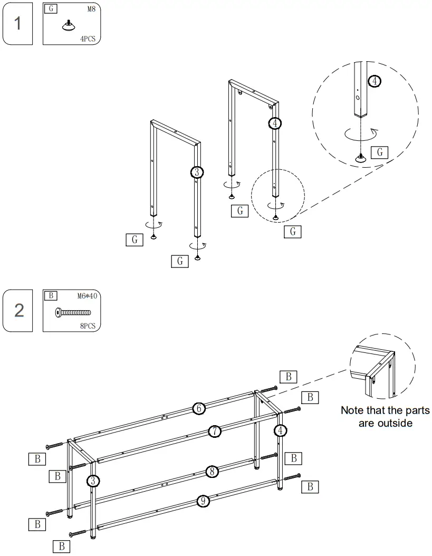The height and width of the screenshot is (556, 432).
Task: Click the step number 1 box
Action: [x=18, y=23]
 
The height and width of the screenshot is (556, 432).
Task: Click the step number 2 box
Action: [x=18, y=310]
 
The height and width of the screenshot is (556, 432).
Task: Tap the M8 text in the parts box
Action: [x=90, y=9]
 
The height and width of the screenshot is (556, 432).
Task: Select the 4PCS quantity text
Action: [x=88, y=39]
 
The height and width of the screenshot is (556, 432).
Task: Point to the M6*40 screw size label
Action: [x=87, y=296]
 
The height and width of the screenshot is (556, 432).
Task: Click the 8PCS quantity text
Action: [x=88, y=326]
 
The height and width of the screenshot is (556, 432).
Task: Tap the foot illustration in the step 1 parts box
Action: [x=68, y=25]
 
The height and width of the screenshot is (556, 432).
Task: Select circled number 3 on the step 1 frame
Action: [x=196, y=172]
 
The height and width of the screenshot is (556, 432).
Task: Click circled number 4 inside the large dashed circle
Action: [x=374, y=81]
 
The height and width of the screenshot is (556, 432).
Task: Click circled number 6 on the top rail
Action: [x=198, y=408]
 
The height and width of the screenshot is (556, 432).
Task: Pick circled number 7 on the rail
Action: [x=214, y=431]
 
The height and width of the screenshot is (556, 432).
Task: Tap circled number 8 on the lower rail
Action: [x=212, y=472]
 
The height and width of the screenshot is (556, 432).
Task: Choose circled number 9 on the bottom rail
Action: [x=203, y=501]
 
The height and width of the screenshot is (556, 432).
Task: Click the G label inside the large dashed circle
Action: [x=380, y=153]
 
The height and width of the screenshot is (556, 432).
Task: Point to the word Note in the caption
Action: [x=352, y=410]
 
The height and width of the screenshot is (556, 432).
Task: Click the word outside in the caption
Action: [x=395, y=423]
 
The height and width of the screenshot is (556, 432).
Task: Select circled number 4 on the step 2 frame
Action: [x=281, y=430]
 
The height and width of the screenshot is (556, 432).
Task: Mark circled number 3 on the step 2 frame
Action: [x=92, y=480]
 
